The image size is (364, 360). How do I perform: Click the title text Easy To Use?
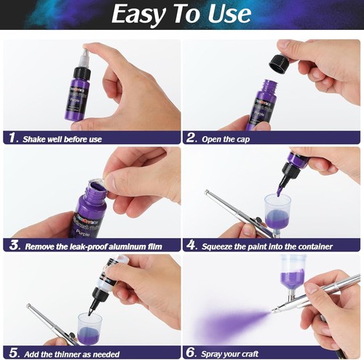(182, 15)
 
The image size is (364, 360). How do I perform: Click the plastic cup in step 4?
(278, 211)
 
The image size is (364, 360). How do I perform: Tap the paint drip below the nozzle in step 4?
(278, 189)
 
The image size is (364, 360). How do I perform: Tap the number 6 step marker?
(191, 353)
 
